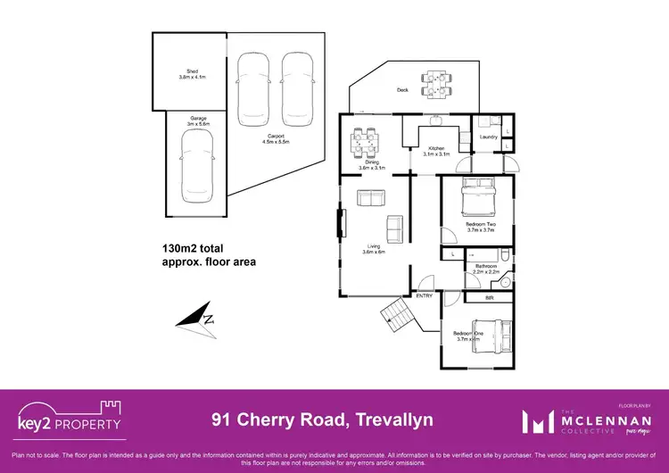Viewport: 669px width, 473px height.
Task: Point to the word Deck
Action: click(403, 90)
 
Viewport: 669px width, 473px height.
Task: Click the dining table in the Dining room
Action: click(365, 139)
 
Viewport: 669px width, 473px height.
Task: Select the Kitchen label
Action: click(436, 151)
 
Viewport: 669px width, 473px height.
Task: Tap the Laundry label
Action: click(487, 137)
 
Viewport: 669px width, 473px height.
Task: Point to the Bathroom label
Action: click(485, 267)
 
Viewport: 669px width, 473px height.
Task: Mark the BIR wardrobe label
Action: click(488, 297)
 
